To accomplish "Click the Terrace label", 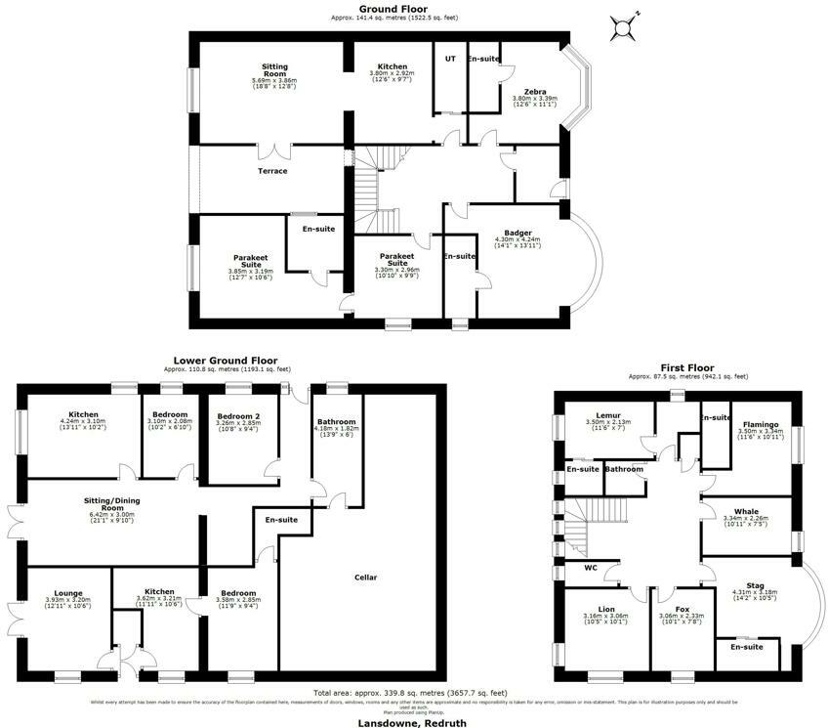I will (272, 171).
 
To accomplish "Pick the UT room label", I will (450, 59).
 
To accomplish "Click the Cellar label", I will (365, 577).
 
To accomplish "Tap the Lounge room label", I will (68, 592).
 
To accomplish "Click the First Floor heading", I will (688, 368).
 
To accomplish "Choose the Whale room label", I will (747, 511).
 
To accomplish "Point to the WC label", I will (590, 567).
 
